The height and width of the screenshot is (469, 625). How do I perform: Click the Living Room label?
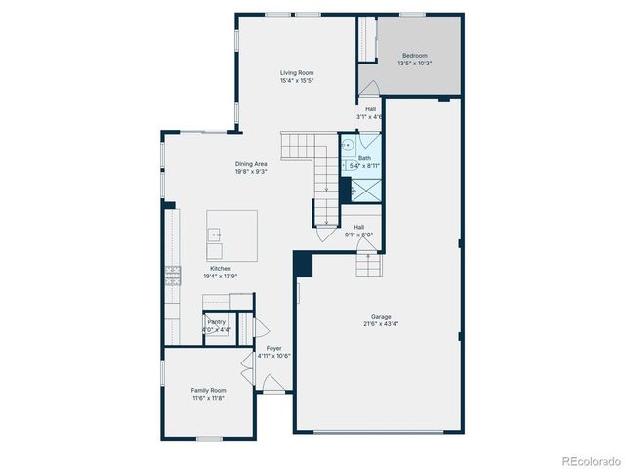297,73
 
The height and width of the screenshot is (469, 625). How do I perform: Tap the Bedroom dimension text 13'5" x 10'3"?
414,64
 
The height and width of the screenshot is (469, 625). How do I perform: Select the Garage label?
381,316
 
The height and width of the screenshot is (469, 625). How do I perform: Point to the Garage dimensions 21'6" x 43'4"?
381,323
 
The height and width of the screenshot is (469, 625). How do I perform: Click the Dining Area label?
251,163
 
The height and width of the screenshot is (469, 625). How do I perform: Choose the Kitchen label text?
221,268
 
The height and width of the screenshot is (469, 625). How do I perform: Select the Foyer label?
274,348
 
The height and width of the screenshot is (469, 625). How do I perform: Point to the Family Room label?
208,390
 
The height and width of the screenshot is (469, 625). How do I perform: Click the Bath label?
364,158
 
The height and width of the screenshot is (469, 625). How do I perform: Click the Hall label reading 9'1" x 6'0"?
359,227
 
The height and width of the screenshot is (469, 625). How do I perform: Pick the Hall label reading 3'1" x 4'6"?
371,109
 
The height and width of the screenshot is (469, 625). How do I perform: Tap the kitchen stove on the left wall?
174,275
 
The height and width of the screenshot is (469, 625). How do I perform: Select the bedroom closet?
368,41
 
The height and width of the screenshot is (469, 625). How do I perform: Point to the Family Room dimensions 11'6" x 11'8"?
208,398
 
